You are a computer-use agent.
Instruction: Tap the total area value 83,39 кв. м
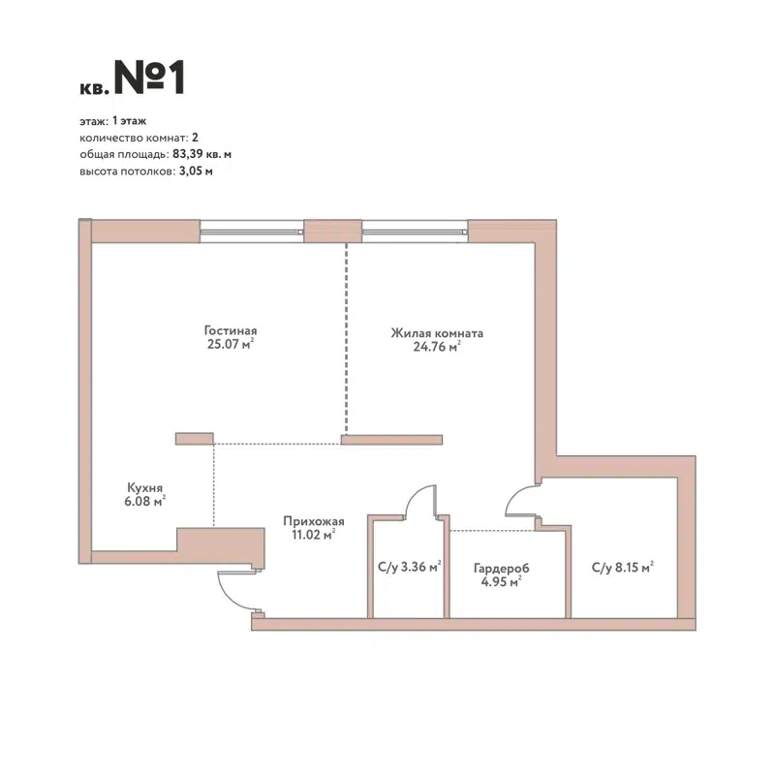201,155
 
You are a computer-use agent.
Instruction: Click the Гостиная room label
231,328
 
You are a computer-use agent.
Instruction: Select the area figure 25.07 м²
231,343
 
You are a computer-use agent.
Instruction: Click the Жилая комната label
437,333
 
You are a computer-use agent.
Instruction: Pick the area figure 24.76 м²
437,348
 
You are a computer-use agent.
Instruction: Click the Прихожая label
309,521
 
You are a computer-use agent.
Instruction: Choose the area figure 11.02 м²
309,534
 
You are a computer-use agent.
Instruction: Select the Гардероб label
502,569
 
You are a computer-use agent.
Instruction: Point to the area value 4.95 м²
502,582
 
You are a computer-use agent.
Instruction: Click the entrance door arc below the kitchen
235,591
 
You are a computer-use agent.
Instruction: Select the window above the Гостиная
252,231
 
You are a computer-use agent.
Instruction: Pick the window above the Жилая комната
415,231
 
